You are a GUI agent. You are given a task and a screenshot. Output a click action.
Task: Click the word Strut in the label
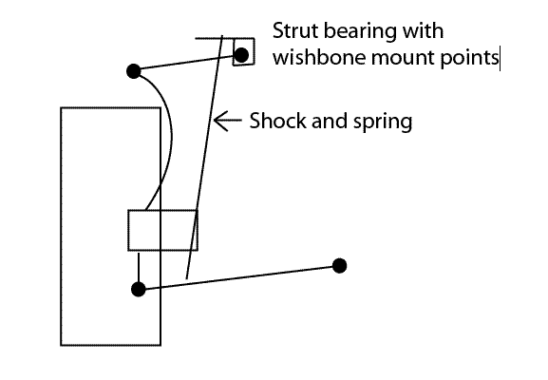pyautogui.click(x=295, y=30)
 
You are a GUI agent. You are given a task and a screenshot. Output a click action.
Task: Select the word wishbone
pyautogui.click(x=319, y=57)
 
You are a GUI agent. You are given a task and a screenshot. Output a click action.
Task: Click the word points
pyautogui.click(x=469, y=58)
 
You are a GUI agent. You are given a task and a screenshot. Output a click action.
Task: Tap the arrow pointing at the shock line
pyautogui.click(x=227, y=121)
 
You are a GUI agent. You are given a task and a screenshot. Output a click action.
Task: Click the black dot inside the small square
pyautogui.click(x=241, y=55)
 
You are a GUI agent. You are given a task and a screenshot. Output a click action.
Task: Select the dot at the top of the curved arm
pyautogui.click(x=134, y=71)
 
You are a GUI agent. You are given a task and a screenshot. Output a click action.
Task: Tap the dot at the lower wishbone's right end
pyautogui.click(x=339, y=266)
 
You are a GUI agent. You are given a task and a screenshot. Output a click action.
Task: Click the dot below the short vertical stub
pyautogui.click(x=139, y=289)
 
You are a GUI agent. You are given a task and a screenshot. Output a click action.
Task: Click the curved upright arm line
pyautogui.click(x=171, y=140)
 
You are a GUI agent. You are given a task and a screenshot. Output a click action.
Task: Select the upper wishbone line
pyautogui.click(x=187, y=64)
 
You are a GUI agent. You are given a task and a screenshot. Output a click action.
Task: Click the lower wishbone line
pyautogui.click(x=238, y=277)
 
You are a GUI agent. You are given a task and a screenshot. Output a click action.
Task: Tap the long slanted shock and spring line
pyautogui.click(x=205, y=157)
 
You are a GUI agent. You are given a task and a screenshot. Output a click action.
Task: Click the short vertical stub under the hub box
pyautogui.click(x=139, y=268)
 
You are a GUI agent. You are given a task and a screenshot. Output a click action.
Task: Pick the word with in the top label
pyautogui.click(x=423, y=30)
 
